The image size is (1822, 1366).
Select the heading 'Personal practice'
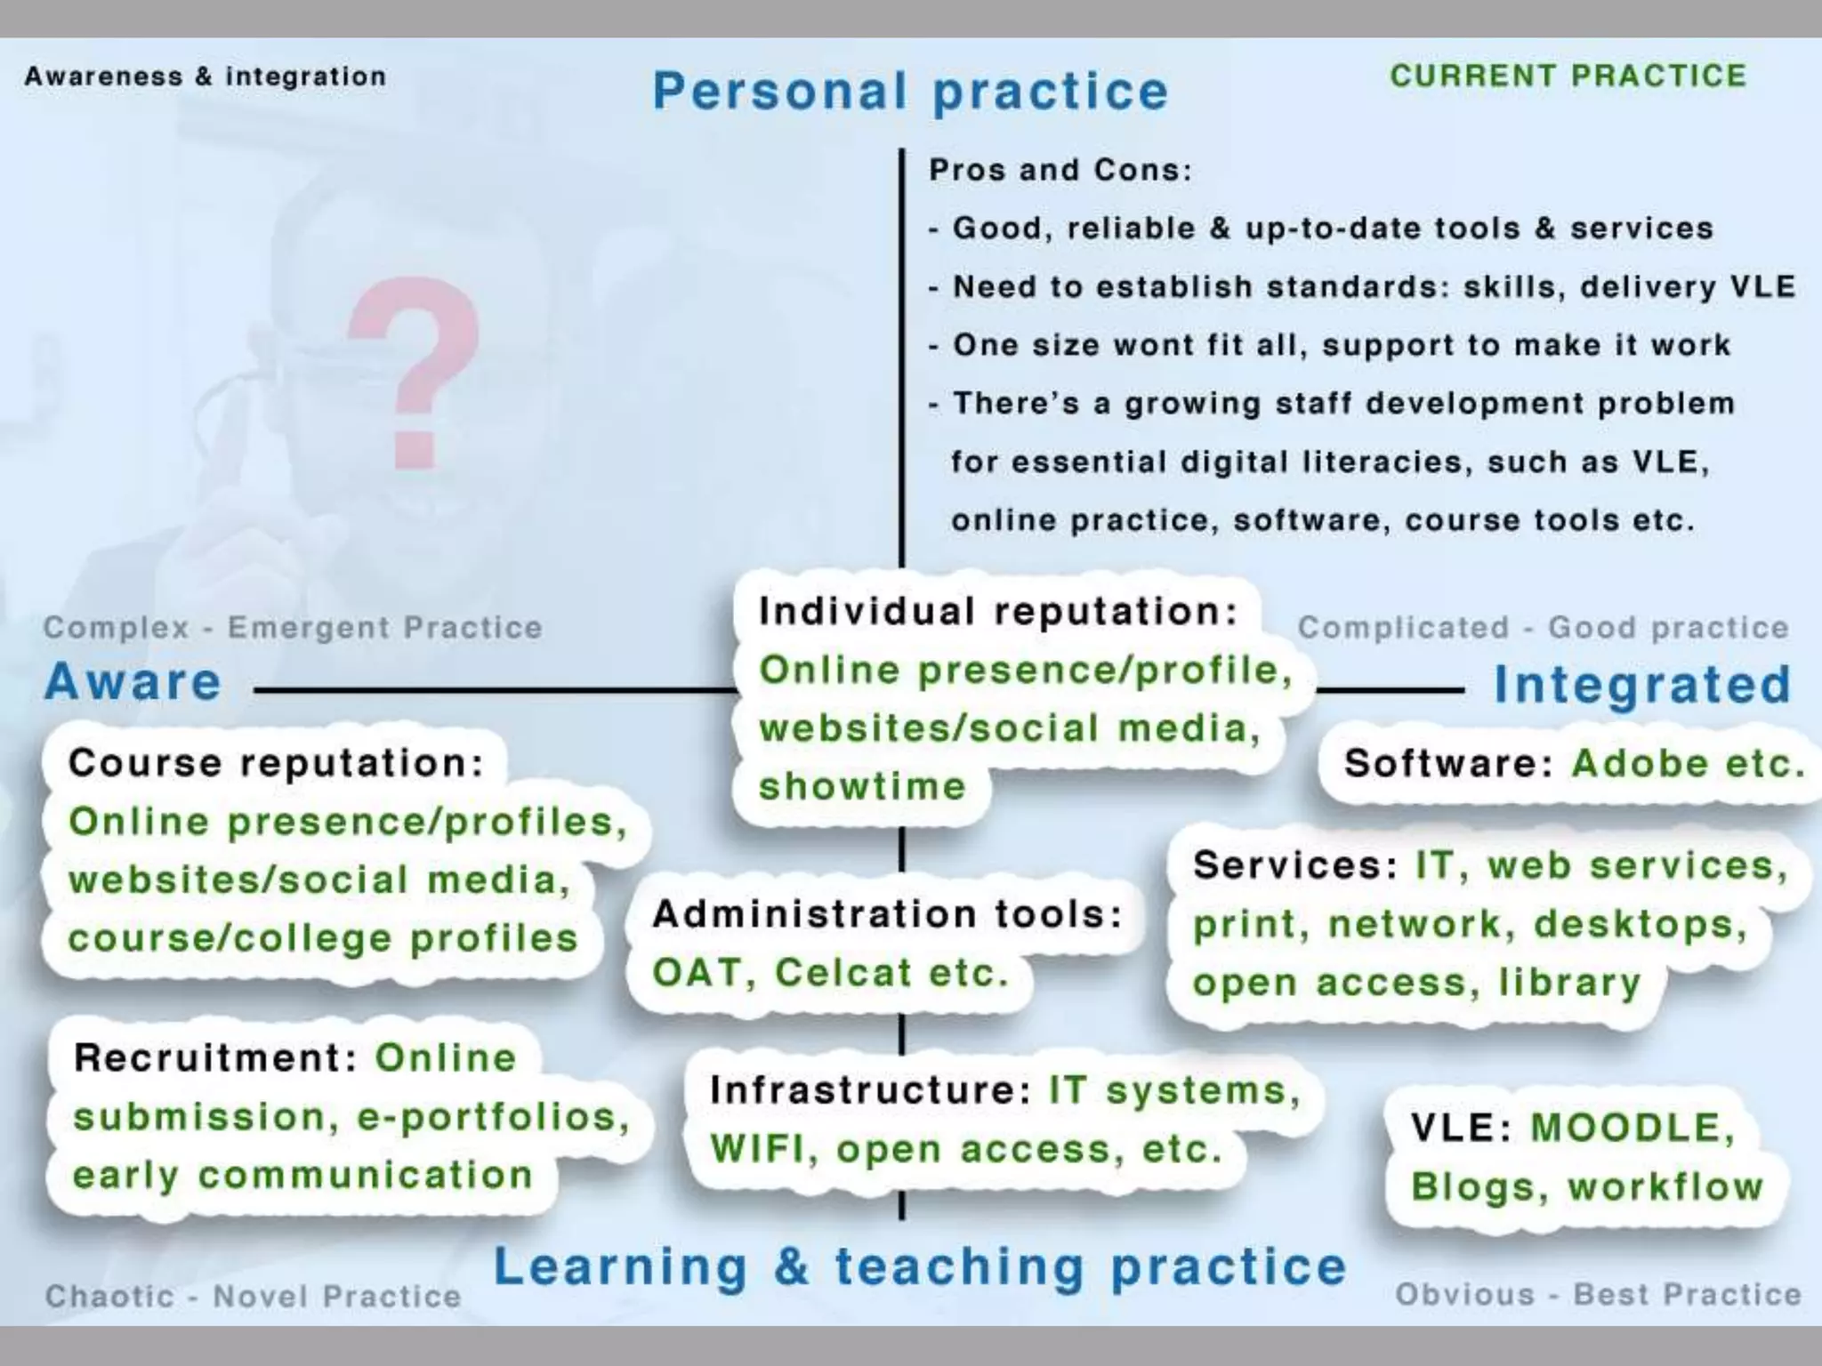pyautogui.click(x=910, y=92)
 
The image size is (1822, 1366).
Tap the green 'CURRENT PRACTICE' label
pyautogui.click(x=1568, y=76)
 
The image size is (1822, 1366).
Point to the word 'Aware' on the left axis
pyautogui.click(x=133, y=683)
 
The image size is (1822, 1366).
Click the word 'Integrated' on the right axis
pyautogui.click(x=1642, y=685)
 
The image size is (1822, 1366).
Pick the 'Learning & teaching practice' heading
pyautogui.click(x=920, y=1266)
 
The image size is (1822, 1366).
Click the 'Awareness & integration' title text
pyautogui.click(x=206, y=77)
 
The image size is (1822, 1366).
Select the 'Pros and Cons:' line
pyautogui.click(x=1060, y=170)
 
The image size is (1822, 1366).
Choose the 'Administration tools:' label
pyautogui.click(x=888, y=914)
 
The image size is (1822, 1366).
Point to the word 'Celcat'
pyautogui.click(x=843, y=973)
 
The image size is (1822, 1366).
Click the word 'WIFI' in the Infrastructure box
pyautogui.click(x=762, y=1149)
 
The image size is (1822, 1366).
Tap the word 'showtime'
pyautogui.click(x=862, y=787)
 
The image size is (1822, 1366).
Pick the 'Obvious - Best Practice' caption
pyautogui.click(x=1598, y=1295)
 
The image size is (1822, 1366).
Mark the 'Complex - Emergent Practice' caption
pyautogui.click(x=293, y=628)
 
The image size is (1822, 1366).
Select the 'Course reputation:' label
pyautogui.click(x=276, y=763)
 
